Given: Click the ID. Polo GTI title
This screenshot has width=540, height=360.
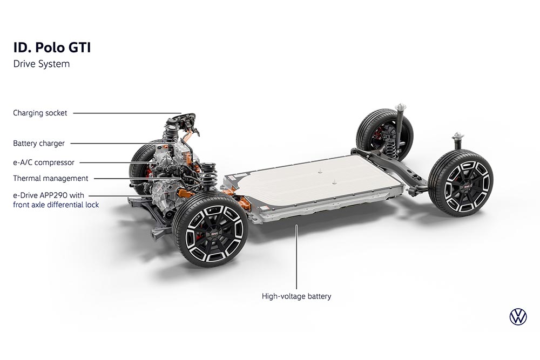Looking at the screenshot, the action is tap(52, 47).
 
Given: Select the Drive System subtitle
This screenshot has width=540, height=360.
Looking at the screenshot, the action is tap(42, 64).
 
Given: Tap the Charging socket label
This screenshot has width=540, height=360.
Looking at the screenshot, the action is tap(40, 113).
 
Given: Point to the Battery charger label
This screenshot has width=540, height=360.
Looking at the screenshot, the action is tap(39, 143).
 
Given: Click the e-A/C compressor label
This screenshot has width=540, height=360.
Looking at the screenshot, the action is tap(44, 162).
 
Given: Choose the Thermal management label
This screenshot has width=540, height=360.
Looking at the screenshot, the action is tap(51, 178).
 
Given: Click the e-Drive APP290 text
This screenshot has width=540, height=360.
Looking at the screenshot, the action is tap(49, 195).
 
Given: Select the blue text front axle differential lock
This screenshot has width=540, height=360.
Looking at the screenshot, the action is tap(56, 205).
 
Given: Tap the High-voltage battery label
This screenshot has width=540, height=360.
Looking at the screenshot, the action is tap(296, 296).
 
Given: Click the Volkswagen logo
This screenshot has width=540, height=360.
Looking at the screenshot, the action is tap(518, 317).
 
